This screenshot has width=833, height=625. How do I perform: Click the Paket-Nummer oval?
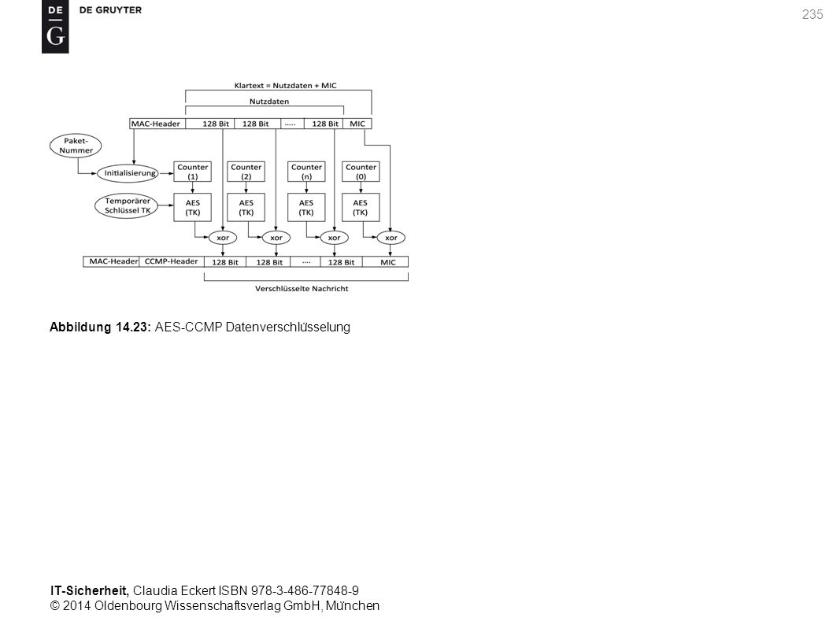pyautogui.click(x=76, y=146)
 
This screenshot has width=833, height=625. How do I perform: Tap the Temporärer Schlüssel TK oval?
pyautogui.click(x=127, y=206)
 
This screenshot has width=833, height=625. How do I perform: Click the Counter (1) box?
pyautogui.click(x=192, y=172)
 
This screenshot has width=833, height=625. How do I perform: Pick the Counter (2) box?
pyautogui.click(x=246, y=172)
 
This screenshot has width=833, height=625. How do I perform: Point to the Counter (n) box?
pyautogui.click(x=306, y=172)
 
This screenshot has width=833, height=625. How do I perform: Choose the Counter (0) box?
pyautogui.click(x=361, y=172)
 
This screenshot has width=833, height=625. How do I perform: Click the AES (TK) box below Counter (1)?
pyautogui.click(x=192, y=207)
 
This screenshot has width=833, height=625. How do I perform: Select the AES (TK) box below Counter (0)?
pyautogui.click(x=361, y=207)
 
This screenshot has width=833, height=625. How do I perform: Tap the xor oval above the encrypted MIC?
pyautogui.click(x=391, y=238)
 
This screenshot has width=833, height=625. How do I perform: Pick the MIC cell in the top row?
pyautogui.click(x=357, y=124)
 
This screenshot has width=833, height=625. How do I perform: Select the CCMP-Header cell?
pyautogui.click(x=171, y=261)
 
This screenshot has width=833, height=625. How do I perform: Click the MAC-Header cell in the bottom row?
pyautogui.click(x=111, y=261)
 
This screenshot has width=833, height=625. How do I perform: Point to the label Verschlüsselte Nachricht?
pyautogui.click(x=302, y=289)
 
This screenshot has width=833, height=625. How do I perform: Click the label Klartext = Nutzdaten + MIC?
pyautogui.click(x=285, y=86)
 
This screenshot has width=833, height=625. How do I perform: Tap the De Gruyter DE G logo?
pyautogui.click(x=55, y=27)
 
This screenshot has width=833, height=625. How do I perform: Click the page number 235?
pyautogui.click(x=813, y=15)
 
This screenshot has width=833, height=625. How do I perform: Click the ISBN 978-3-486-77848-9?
pyautogui.click(x=288, y=590)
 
